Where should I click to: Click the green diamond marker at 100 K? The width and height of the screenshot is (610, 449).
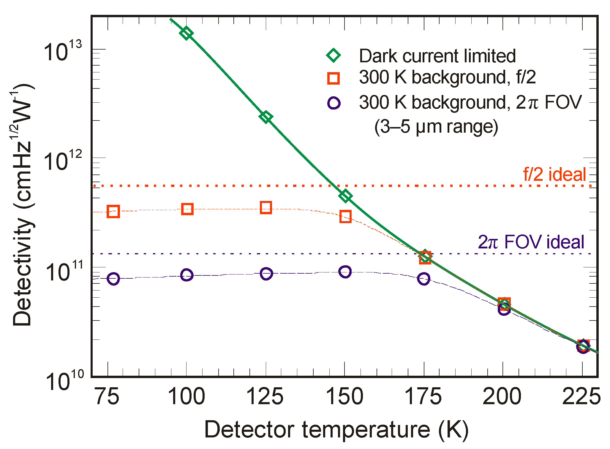click(186, 33)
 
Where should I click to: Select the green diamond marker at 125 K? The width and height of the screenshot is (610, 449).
click(266, 117)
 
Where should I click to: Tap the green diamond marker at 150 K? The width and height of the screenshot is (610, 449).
click(345, 196)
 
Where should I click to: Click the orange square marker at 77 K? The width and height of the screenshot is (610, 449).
click(113, 212)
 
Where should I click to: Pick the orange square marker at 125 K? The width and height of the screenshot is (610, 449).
click(266, 207)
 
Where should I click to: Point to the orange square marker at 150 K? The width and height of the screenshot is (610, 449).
click(345, 217)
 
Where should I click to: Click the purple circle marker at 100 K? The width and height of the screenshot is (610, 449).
click(187, 275)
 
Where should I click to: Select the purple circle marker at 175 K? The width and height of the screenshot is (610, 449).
click(423, 279)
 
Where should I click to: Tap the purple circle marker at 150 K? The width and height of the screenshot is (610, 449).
click(345, 272)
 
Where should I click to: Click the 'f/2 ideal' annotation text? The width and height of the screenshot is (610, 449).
click(554, 174)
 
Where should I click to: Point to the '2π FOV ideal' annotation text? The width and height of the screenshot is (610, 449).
click(531, 242)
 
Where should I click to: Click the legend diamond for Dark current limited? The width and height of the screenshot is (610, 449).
click(333, 55)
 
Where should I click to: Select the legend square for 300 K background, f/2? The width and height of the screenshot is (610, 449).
click(333, 78)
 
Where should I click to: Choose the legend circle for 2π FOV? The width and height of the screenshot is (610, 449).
click(334, 103)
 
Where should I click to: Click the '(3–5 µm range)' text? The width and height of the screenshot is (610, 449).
click(436, 127)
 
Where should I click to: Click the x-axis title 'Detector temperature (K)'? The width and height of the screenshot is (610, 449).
click(336, 429)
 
